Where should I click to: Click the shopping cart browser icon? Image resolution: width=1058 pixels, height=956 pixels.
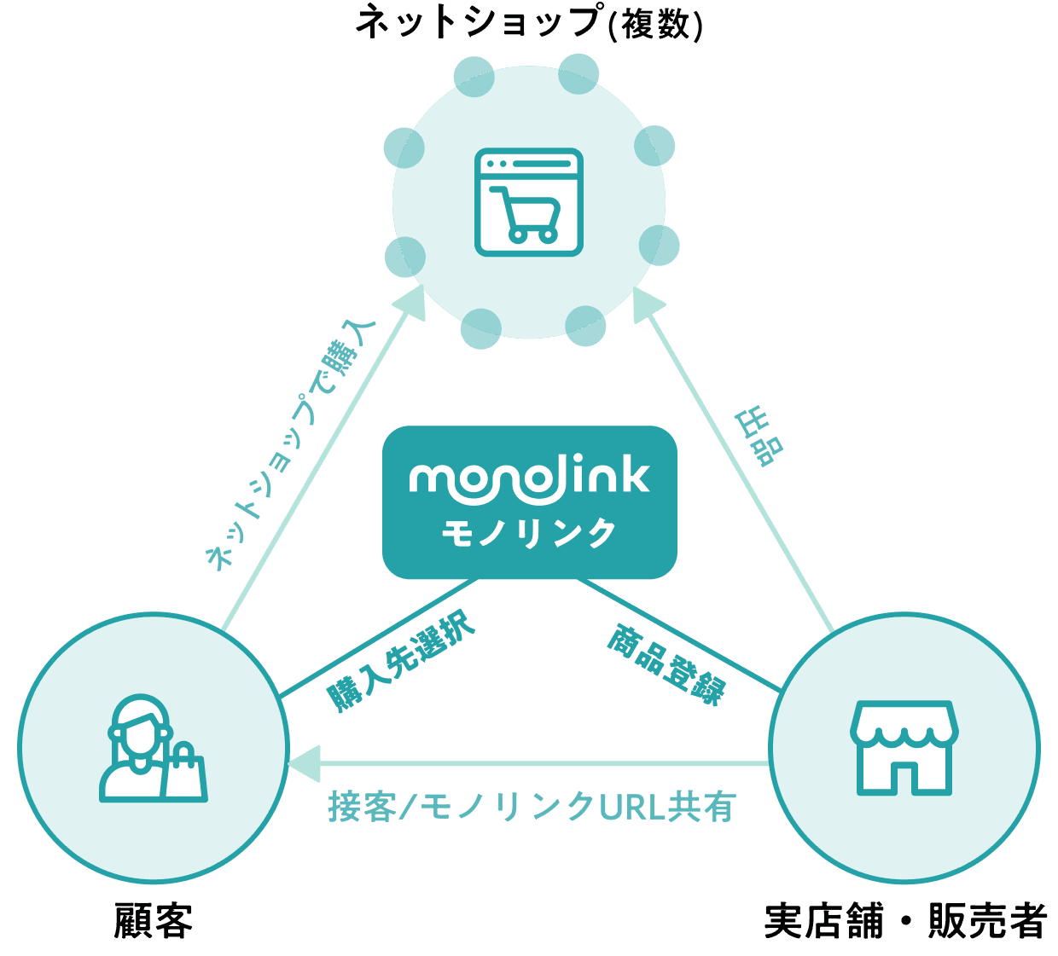click(529, 202)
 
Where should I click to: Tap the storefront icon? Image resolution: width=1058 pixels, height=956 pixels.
click(904, 748)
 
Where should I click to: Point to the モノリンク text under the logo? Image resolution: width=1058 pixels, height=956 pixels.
click(529, 533)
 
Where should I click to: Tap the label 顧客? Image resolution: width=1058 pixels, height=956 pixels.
click(154, 921)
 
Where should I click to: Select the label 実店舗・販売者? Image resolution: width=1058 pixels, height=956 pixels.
click(905, 921)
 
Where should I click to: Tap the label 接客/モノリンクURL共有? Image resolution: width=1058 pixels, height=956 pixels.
click(532, 807)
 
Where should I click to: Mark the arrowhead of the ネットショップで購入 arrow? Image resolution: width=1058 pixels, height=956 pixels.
click(411, 303)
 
